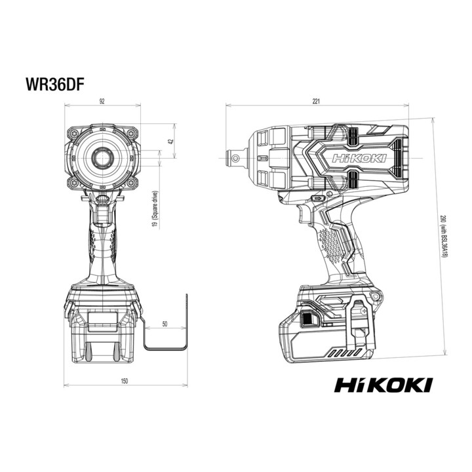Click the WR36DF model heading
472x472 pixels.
pos(54,85)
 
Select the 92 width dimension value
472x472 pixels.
pos(102,101)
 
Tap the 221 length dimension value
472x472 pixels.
pos(316,101)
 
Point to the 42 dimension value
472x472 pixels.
pos(171,141)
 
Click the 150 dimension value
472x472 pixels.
pos(124,381)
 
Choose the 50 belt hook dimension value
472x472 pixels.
pos(165,324)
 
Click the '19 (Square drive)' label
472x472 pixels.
pos(155,209)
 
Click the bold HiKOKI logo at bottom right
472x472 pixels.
pos(383,385)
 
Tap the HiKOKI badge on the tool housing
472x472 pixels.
pos(359,159)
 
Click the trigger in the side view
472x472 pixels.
pos(302,214)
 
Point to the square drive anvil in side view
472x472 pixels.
pos(237,158)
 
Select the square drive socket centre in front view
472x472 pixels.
pos(102,157)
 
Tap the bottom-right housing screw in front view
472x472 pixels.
pos(131,182)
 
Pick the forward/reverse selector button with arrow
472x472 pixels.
pos(318,199)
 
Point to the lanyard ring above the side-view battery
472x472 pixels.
pos(376,297)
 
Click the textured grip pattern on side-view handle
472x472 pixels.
pos(332,245)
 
